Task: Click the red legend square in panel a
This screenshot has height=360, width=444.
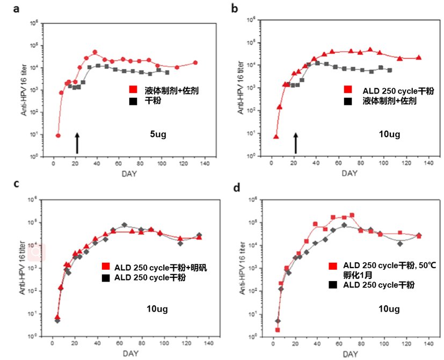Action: [x=132, y=90]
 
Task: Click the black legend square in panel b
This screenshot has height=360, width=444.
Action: [x=348, y=99]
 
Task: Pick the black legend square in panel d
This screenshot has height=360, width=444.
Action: [x=333, y=285]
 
